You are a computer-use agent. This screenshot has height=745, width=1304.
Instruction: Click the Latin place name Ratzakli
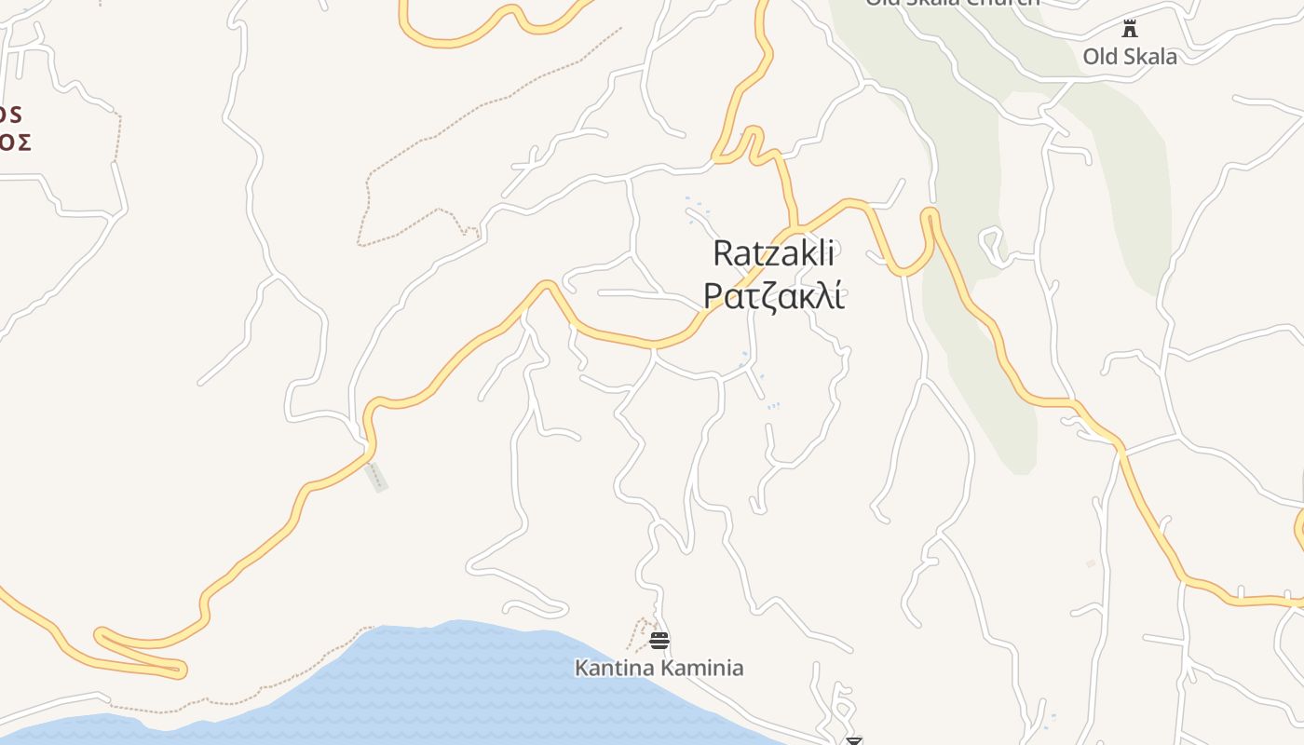(x=773, y=253)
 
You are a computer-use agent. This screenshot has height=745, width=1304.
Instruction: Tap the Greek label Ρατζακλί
(x=773, y=295)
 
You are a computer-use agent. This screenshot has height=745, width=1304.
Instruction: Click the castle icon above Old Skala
(x=1130, y=28)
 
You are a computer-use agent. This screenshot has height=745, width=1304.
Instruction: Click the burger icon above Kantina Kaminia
(x=659, y=640)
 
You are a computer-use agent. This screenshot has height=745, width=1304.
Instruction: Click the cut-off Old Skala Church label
(x=952, y=3)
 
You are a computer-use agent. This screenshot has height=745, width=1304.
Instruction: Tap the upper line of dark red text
(x=10, y=114)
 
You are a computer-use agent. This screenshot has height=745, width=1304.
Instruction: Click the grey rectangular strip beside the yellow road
(x=376, y=477)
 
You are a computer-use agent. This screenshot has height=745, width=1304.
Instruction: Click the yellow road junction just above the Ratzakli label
(x=793, y=227)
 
